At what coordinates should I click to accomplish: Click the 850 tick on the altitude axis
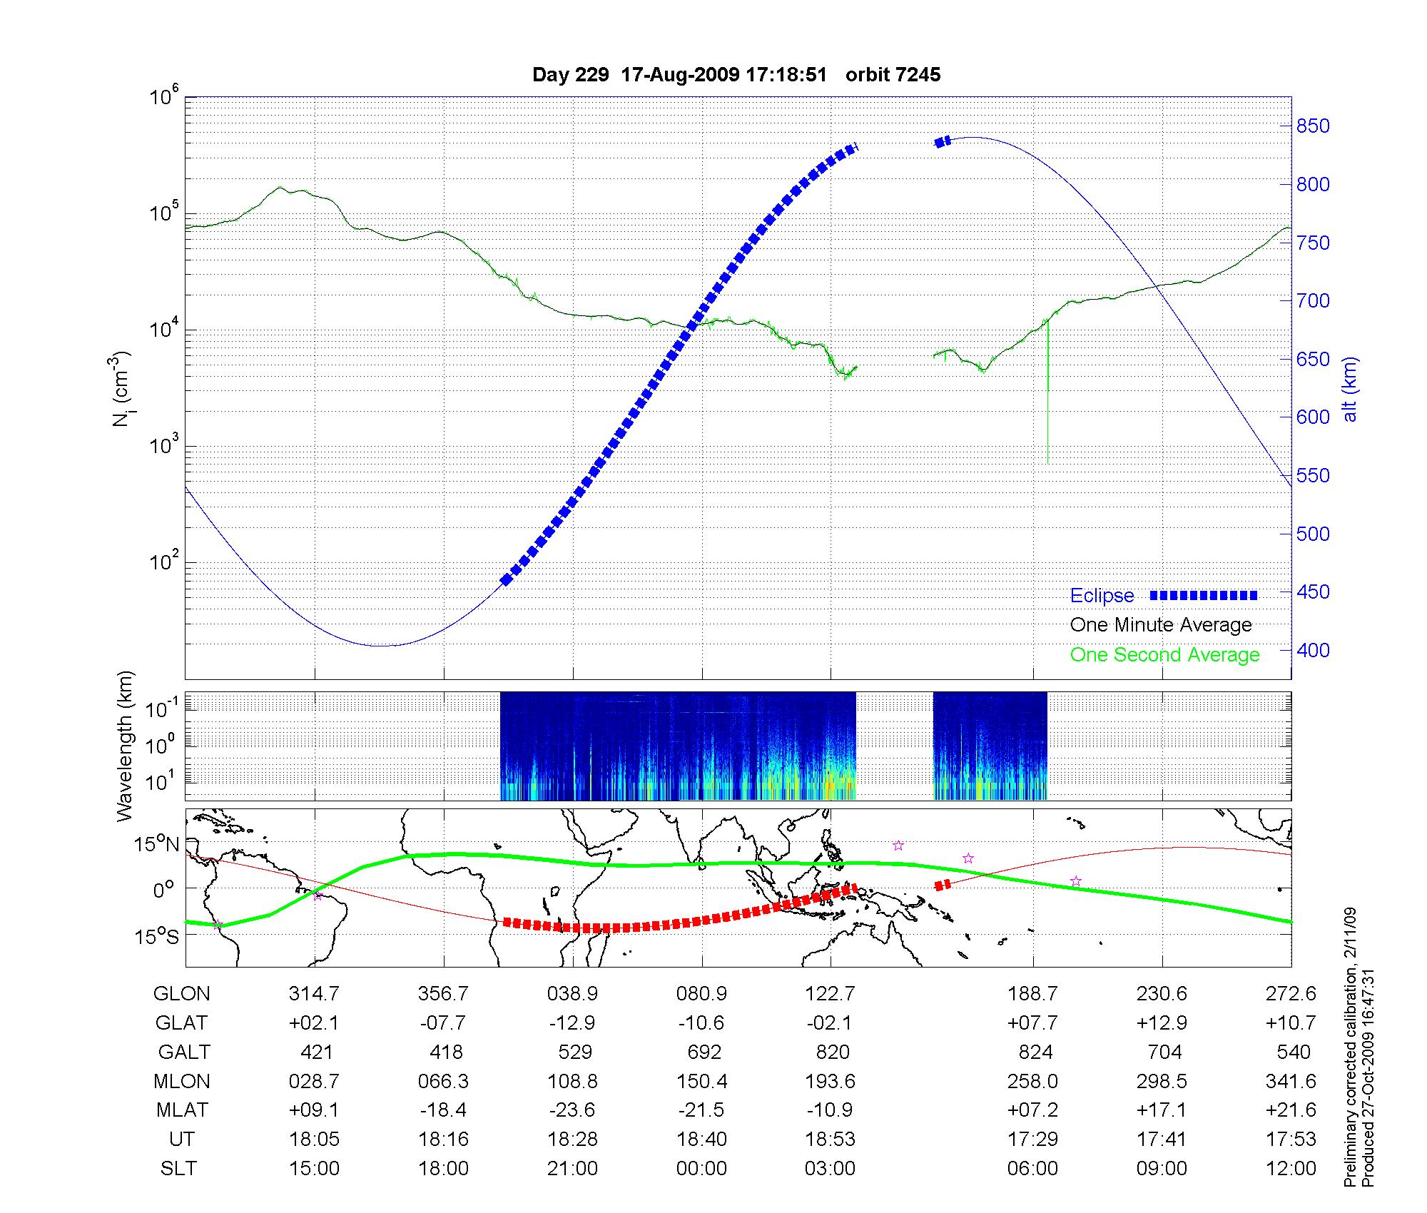tap(1314, 126)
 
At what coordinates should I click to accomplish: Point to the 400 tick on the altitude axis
tap(1314, 650)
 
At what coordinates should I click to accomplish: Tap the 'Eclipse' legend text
tap(1102, 596)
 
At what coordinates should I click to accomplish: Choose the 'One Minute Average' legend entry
tap(1161, 625)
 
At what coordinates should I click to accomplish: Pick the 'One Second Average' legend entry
tap(1164, 655)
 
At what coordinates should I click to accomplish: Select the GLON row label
tap(182, 994)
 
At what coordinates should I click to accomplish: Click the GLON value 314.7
tap(314, 994)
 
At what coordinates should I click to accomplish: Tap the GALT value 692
tap(702, 1052)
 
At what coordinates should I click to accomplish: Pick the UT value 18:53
tap(831, 1140)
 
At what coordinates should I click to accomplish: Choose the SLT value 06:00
tap(1032, 1169)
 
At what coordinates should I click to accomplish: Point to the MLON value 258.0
tap(1032, 1082)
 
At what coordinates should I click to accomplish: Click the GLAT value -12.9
tap(572, 1023)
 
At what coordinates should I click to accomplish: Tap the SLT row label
tap(178, 1169)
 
